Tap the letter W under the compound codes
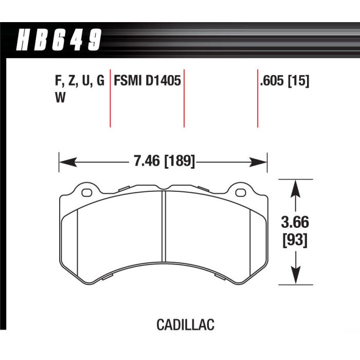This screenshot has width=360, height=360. (59, 99)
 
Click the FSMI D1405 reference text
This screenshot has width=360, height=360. (147, 81)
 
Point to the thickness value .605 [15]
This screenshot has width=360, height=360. (285, 81)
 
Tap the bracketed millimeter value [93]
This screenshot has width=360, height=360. (294, 239)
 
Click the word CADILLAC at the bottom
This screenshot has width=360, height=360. (185, 325)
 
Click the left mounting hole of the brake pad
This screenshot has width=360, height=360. (85, 193)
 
